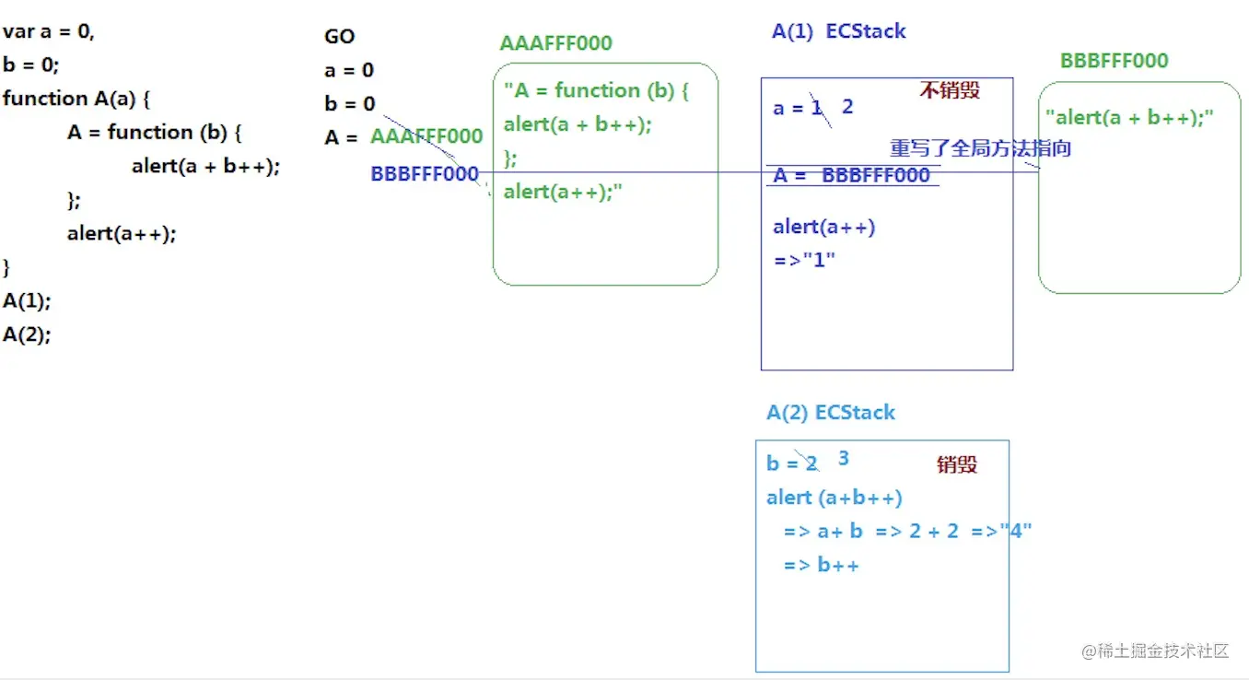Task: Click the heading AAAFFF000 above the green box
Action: point(555,43)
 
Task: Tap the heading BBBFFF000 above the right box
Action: point(1114,61)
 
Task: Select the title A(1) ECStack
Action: point(838,31)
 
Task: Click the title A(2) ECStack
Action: point(830,412)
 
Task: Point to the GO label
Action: point(339,37)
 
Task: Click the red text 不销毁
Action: point(949,90)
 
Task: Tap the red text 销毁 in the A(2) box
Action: point(956,464)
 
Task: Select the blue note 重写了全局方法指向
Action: point(980,148)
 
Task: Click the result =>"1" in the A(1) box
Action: point(804,259)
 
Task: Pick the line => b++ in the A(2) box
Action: point(821,565)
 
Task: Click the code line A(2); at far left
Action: point(27,334)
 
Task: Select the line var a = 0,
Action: point(49,32)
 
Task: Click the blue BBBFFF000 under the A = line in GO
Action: point(424,173)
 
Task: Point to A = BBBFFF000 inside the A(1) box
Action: point(851,175)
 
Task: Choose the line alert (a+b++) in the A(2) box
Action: point(834,498)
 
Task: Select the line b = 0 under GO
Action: point(349,104)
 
